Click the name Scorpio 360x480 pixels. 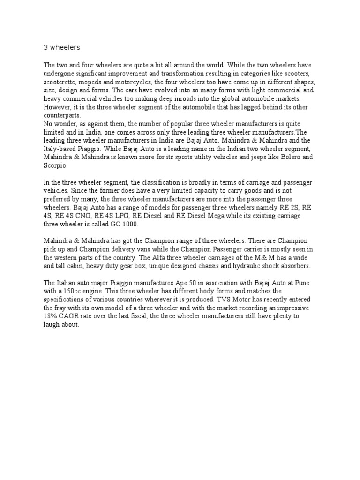pyautogui.click(x=55, y=166)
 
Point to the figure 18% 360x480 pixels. pyautogui.click(x=51, y=316)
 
